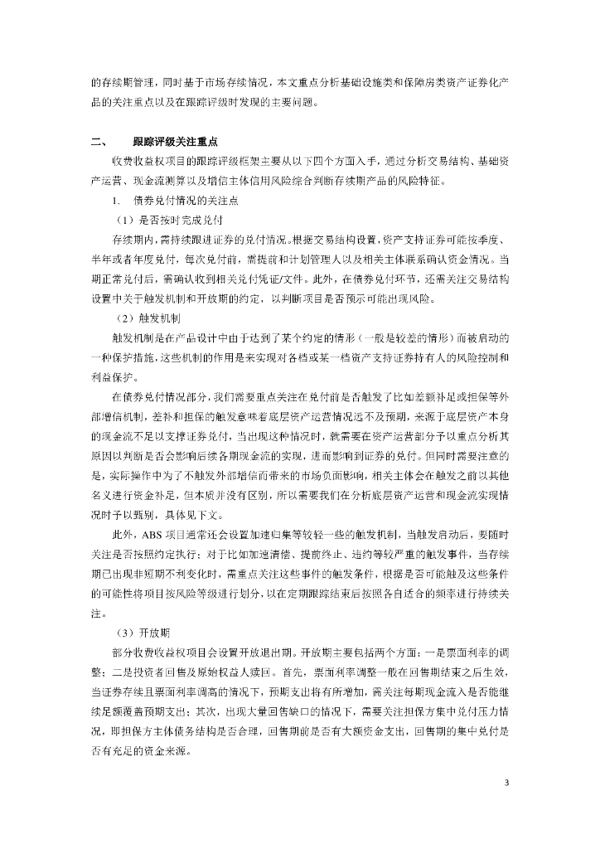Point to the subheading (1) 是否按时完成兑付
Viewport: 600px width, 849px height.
[167, 221]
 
